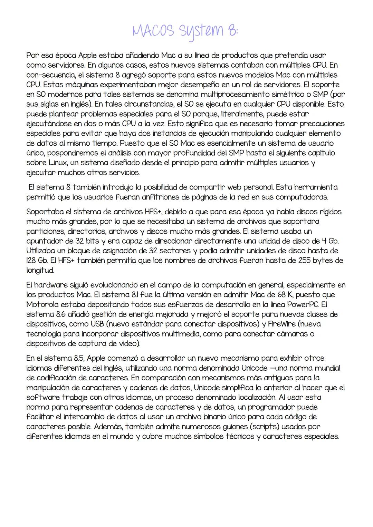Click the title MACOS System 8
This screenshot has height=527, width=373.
click(185, 31)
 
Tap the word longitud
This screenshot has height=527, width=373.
click(40, 270)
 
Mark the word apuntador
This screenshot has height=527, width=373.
click(44, 241)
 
